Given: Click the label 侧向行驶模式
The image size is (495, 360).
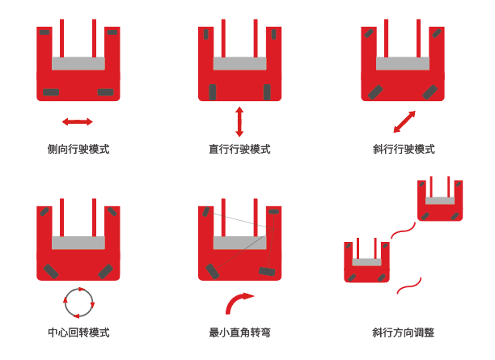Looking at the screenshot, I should point(78,149).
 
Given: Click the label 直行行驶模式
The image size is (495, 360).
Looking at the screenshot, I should point(239,149).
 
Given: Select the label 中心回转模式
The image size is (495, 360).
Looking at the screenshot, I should point(78,332).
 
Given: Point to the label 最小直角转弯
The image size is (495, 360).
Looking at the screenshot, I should point(239,332).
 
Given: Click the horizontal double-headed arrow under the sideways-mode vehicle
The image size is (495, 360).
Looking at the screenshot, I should point(78,121).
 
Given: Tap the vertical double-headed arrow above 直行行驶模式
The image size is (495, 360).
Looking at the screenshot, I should point(239,121).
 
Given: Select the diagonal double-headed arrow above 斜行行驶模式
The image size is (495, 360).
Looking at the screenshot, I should point(404,121).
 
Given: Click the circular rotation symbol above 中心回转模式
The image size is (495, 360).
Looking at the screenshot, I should point(78,302).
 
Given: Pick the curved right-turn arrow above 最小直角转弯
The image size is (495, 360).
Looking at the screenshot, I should point(239,303).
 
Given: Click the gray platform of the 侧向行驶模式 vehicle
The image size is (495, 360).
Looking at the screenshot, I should point(78,63).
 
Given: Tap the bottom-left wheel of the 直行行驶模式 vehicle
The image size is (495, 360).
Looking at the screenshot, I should point(213,91).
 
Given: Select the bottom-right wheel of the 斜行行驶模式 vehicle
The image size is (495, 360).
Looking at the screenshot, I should point(429,91).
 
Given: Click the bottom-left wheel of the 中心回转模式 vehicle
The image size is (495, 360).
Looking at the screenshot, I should point(52,270).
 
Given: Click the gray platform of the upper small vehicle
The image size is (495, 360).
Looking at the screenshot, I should point(440,200).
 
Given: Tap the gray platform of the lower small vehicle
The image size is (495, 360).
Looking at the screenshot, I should point(366,262).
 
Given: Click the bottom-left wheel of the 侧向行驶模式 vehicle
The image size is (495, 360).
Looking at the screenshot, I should point(51,91).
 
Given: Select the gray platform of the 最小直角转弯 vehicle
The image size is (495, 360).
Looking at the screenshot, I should point(239,243).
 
